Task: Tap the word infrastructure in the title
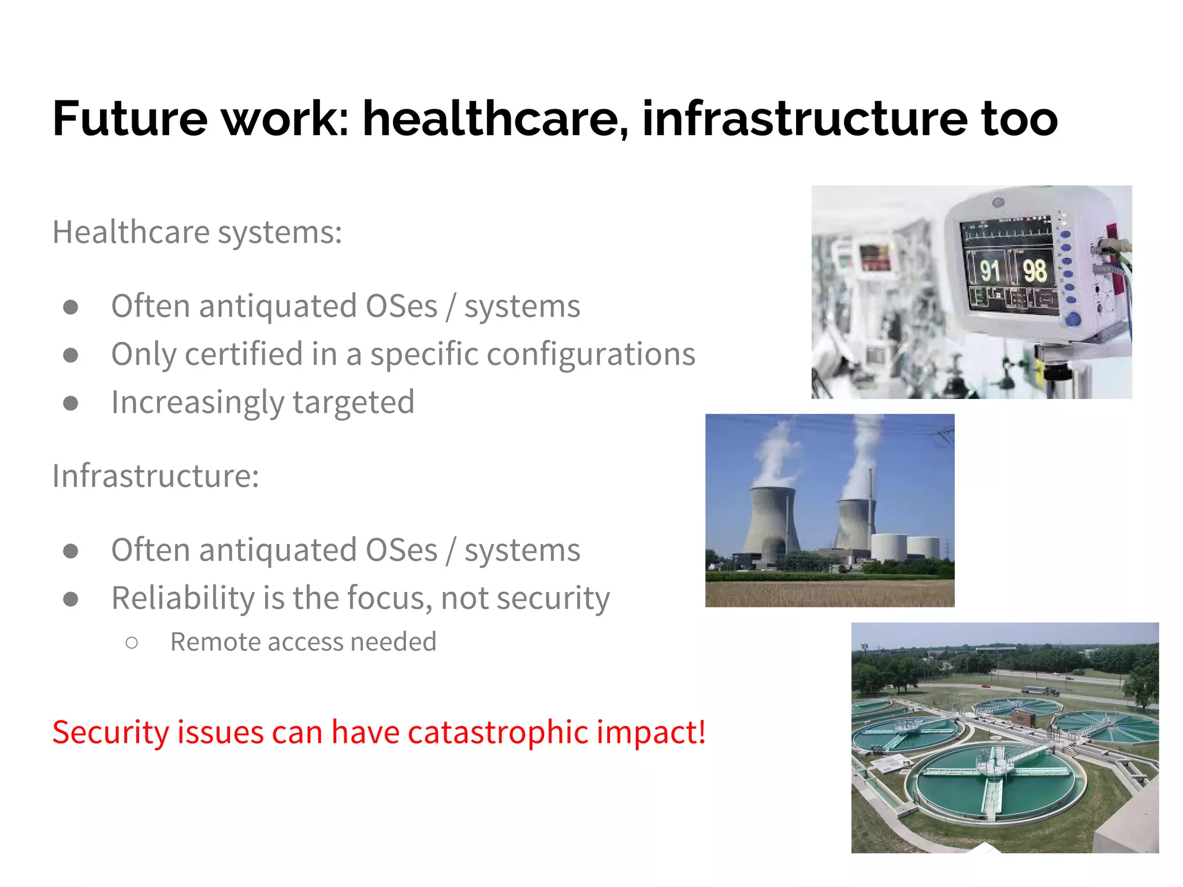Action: (804, 118)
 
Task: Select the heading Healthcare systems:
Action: (197, 232)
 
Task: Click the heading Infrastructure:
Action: (155, 476)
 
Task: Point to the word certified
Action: (244, 354)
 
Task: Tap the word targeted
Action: (354, 402)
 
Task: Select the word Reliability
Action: (183, 598)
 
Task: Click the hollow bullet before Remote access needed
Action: (132, 643)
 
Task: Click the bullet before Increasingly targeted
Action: (70, 402)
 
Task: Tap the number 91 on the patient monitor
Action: (989, 270)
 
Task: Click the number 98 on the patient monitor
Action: (1034, 270)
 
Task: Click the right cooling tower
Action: (854, 523)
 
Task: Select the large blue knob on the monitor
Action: (1072, 319)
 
